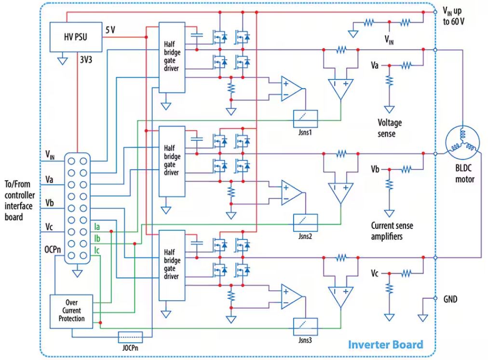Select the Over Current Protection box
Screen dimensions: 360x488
coord(71,311)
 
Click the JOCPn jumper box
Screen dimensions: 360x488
coord(130,336)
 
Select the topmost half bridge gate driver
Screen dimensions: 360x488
coord(172,59)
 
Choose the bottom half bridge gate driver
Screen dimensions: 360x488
coord(172,265)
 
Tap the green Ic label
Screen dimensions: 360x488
coord(97,250)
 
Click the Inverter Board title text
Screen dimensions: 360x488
coord(385,345)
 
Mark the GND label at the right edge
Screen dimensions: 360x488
coord(450,299)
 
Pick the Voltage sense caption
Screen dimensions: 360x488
coord(389,128)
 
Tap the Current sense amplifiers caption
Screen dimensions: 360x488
coord(392,230)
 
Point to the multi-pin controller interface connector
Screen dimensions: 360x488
coord(77,208)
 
